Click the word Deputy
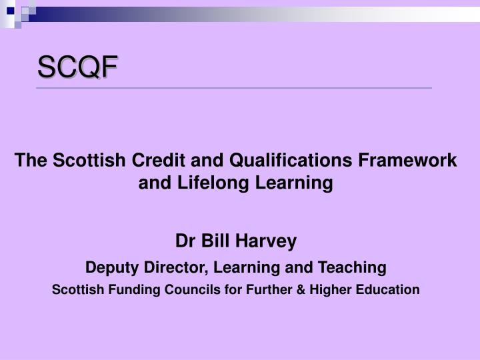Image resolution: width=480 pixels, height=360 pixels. (x=111, y=268)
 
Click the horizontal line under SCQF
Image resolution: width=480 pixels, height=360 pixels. (x=233, y=88)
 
